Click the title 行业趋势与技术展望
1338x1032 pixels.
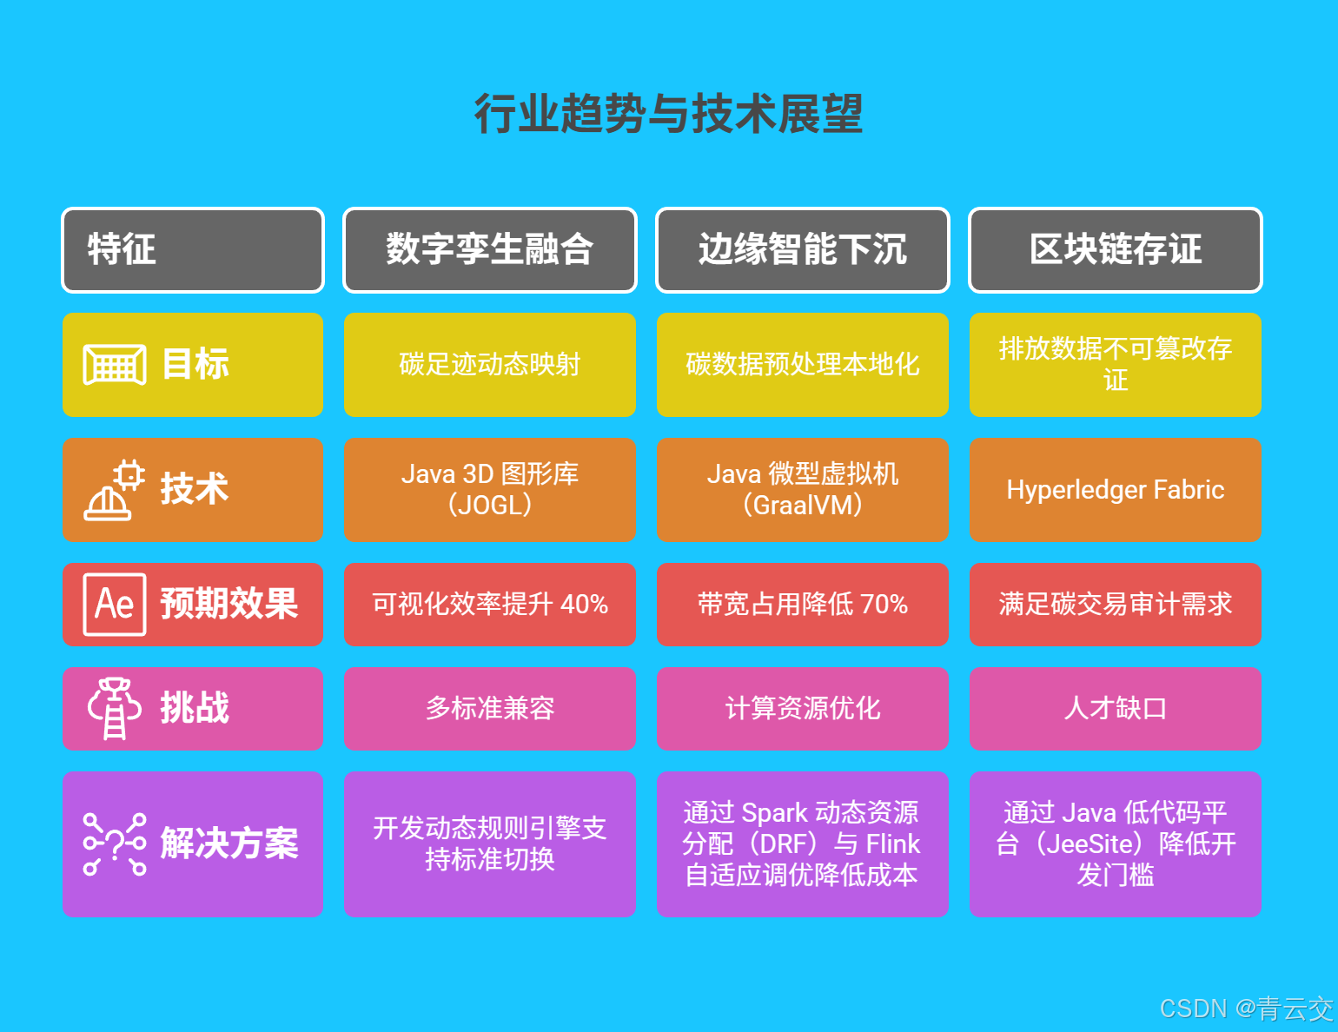pos(668,114)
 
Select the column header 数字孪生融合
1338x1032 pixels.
pos(490,249)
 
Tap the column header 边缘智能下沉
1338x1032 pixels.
pos(803,249)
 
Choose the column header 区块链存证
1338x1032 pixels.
pos(1116,249)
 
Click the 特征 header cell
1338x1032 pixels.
pos(192,249)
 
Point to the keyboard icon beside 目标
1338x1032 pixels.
pos(114,365)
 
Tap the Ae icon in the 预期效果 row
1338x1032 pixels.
pos(114,604)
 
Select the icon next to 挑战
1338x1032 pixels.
pos(114,708)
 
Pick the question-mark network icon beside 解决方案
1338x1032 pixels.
pos(114,843)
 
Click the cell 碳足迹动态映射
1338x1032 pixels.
pos(490,365)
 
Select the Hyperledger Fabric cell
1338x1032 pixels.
pos(1116,490)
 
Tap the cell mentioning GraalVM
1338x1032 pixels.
pos(803,490)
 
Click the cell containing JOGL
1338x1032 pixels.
pos(490,490)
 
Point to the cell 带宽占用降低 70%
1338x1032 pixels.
pos(803,604)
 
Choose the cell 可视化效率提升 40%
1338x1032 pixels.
pos(490,604)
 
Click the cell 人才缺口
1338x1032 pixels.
pos(1116,708)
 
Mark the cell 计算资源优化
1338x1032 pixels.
pos(803,708)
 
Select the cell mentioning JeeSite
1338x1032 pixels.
pos(1116,843)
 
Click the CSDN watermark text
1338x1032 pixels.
pos(1246,1009)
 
